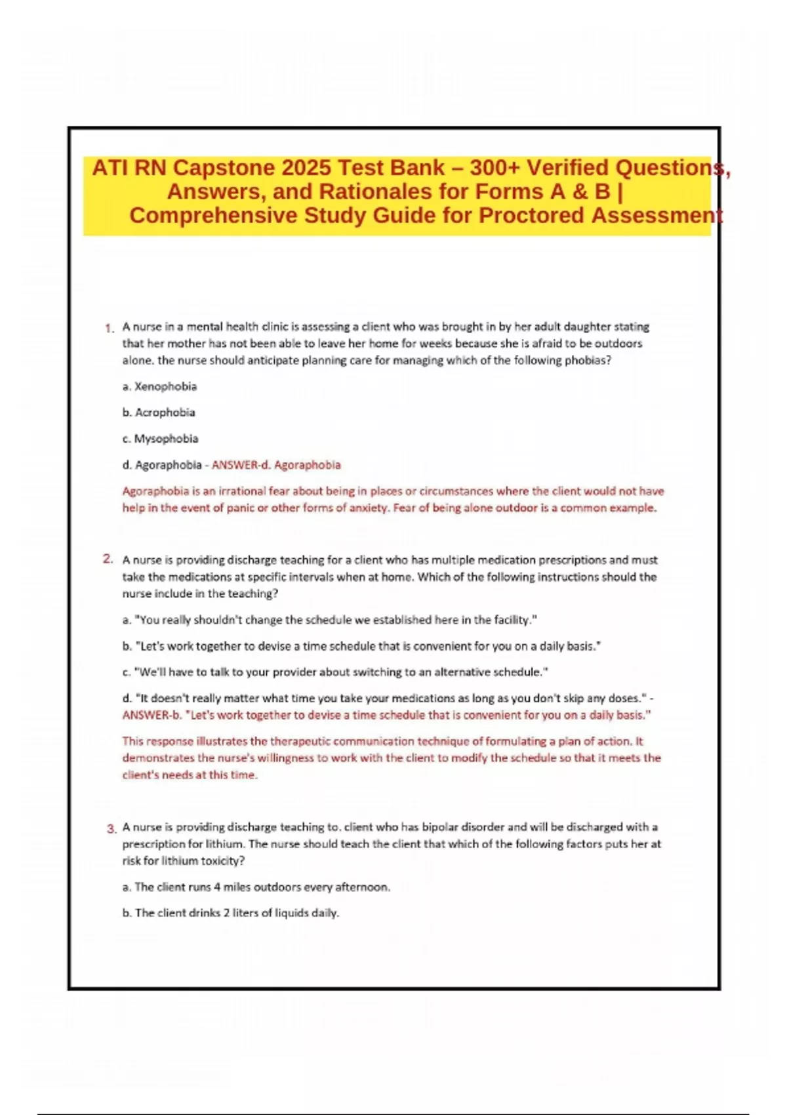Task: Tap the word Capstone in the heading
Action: point(224,168)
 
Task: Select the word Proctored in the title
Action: point(531,215)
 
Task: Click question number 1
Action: point(109,327)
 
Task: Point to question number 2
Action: point(108,559)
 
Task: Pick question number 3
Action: point(111,828)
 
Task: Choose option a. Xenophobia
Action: point(159,386)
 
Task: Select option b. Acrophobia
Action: point(159,413)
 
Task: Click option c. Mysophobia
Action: point(160,439)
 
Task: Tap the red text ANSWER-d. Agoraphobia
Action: point(276,465)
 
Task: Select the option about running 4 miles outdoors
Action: point(256,887)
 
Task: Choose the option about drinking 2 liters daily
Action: point(231,913)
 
